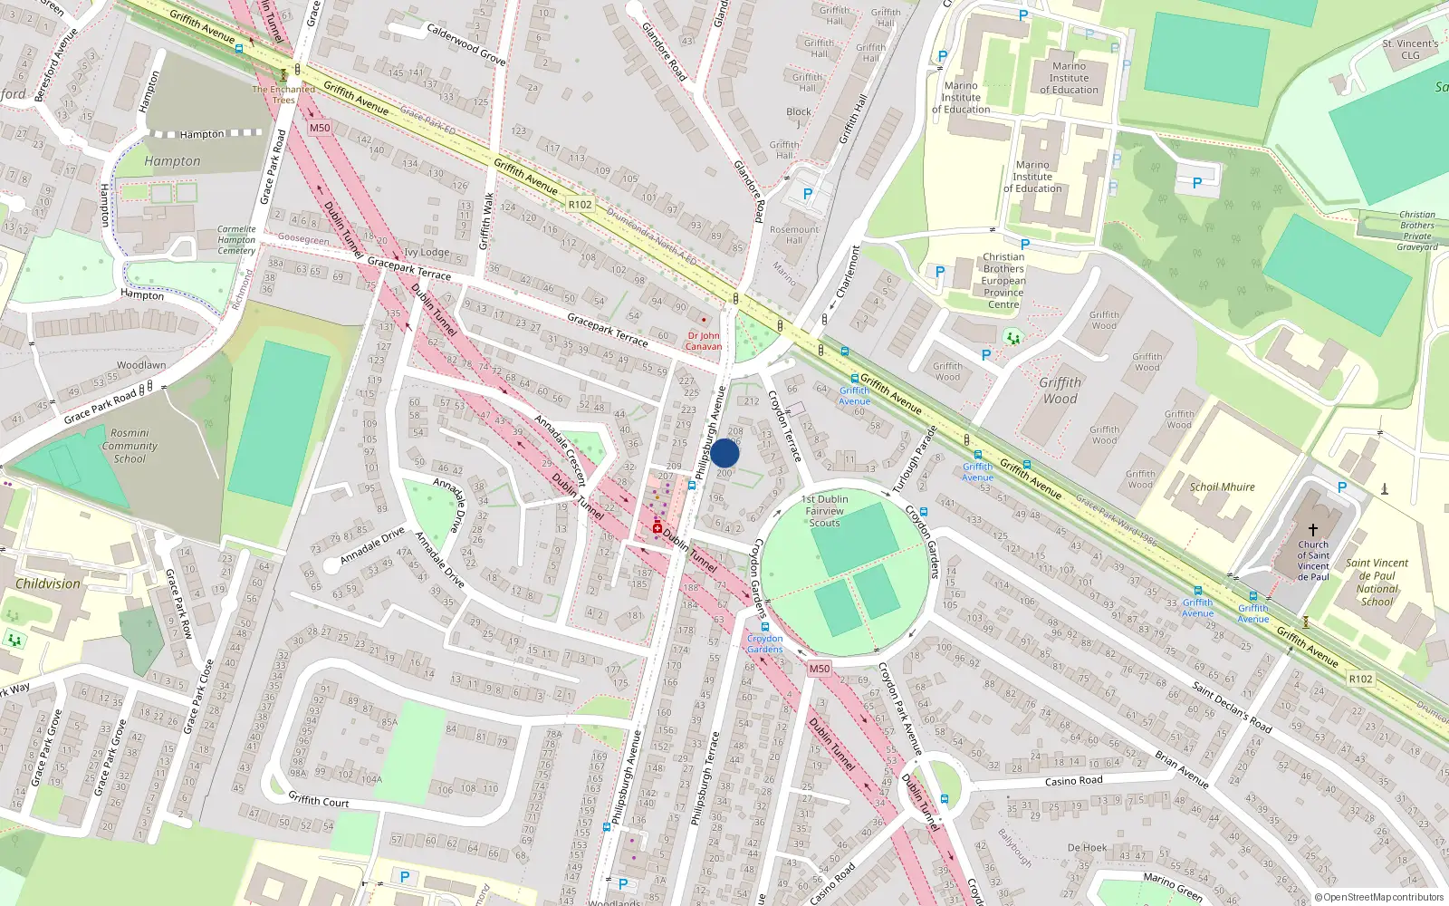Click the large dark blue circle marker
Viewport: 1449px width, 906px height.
[724, 453]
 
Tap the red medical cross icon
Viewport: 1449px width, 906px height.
[657, 527]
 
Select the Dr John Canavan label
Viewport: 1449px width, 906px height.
[704, 341]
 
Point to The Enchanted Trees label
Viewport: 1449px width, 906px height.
[283, 94]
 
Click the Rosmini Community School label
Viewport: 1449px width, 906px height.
[130, 446]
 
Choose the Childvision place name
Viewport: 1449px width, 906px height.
[48, 583]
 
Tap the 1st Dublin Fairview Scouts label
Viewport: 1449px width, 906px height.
[824, 511]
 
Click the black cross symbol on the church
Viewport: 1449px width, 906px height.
[1312, 529]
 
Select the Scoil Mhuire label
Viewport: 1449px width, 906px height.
[1222, 487]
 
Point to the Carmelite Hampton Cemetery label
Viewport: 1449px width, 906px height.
[236, 240]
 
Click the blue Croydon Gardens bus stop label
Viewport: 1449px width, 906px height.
[765, 643]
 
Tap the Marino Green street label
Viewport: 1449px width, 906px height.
[1173, 886]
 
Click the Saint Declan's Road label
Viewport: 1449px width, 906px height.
[1232, 708]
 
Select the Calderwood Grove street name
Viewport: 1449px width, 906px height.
[466, 43]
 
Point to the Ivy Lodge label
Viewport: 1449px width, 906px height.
[427, 253]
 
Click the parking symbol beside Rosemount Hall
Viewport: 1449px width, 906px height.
[808, 194]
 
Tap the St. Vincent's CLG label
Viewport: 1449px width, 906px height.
[1410, 49]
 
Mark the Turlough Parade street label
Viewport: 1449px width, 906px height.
[914, 459]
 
